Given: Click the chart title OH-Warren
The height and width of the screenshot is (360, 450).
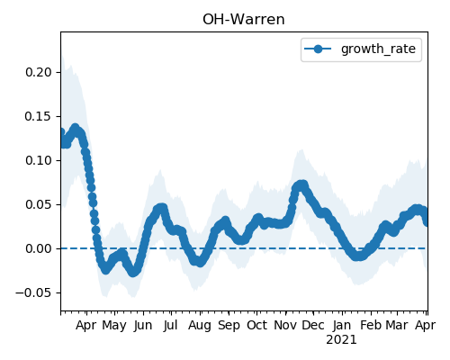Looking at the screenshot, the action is pos(244,20).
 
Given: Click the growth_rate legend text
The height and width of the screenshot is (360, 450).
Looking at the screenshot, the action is pos(378,49).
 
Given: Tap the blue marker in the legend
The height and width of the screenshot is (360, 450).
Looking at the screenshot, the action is pos(318,49).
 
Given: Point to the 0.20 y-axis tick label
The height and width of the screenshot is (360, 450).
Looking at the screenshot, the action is pos(39,72).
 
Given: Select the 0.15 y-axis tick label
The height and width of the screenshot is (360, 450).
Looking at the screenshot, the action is pos(39,116).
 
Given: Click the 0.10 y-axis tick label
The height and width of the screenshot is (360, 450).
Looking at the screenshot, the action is pos(39,160).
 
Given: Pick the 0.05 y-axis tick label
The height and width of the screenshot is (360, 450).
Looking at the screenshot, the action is pos(39,204).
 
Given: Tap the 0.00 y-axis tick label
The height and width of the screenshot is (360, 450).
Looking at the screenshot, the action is pos(39,248).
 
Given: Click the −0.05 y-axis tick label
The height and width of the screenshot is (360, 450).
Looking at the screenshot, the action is pos(33,292).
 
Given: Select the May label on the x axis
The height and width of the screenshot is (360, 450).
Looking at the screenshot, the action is pos(114,326).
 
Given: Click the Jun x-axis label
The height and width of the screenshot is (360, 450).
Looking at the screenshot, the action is pos(143,325).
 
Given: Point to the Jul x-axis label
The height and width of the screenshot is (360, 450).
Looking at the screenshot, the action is pos(170,325).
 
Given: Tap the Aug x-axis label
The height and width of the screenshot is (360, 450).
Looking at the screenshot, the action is pos(200,326).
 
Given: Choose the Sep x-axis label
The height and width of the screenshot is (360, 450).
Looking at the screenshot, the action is pos(229,326).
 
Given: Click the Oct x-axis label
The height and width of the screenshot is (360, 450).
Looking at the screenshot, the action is pos(256,325).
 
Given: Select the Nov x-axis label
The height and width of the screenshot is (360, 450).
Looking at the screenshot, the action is pos(285,325).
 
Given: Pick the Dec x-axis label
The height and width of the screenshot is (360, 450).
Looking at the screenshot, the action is pos(313,325).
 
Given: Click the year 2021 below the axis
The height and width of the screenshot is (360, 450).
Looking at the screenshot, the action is pos(341,340).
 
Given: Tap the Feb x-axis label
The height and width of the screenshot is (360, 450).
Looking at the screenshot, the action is pos(371,325).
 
